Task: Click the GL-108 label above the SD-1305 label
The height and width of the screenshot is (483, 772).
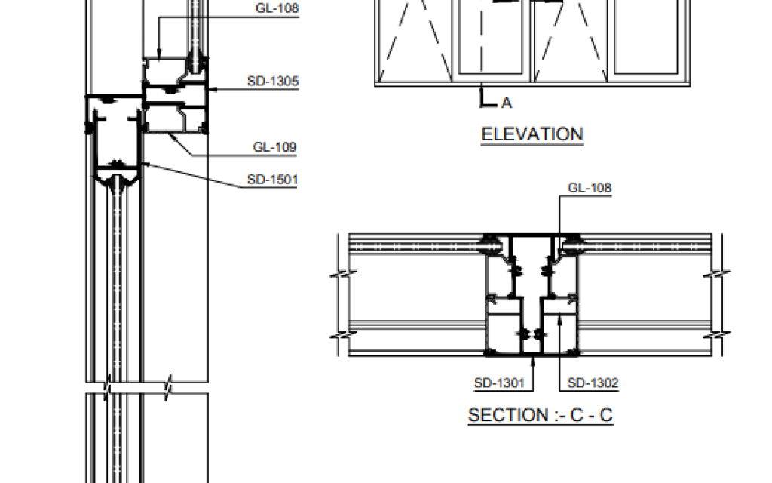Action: [x=277, y=8]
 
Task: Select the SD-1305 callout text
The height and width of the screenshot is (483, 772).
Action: [x=273, y=81]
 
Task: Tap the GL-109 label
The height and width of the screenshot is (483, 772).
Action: [x=274, y=147]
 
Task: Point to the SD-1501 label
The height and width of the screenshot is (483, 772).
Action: [x=272, y=180]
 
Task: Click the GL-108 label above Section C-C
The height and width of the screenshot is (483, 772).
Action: [x=590, y=188]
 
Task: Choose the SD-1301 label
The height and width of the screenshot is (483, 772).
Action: [x=499, y=383]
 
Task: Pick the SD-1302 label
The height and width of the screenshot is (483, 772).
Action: [x=593, y=383]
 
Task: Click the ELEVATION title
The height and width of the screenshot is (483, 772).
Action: [x=532, y=134]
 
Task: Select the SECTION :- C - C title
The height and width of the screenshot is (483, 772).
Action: [x=540, y=415]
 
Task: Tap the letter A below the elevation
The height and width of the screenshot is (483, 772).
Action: [x=507, y=103]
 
